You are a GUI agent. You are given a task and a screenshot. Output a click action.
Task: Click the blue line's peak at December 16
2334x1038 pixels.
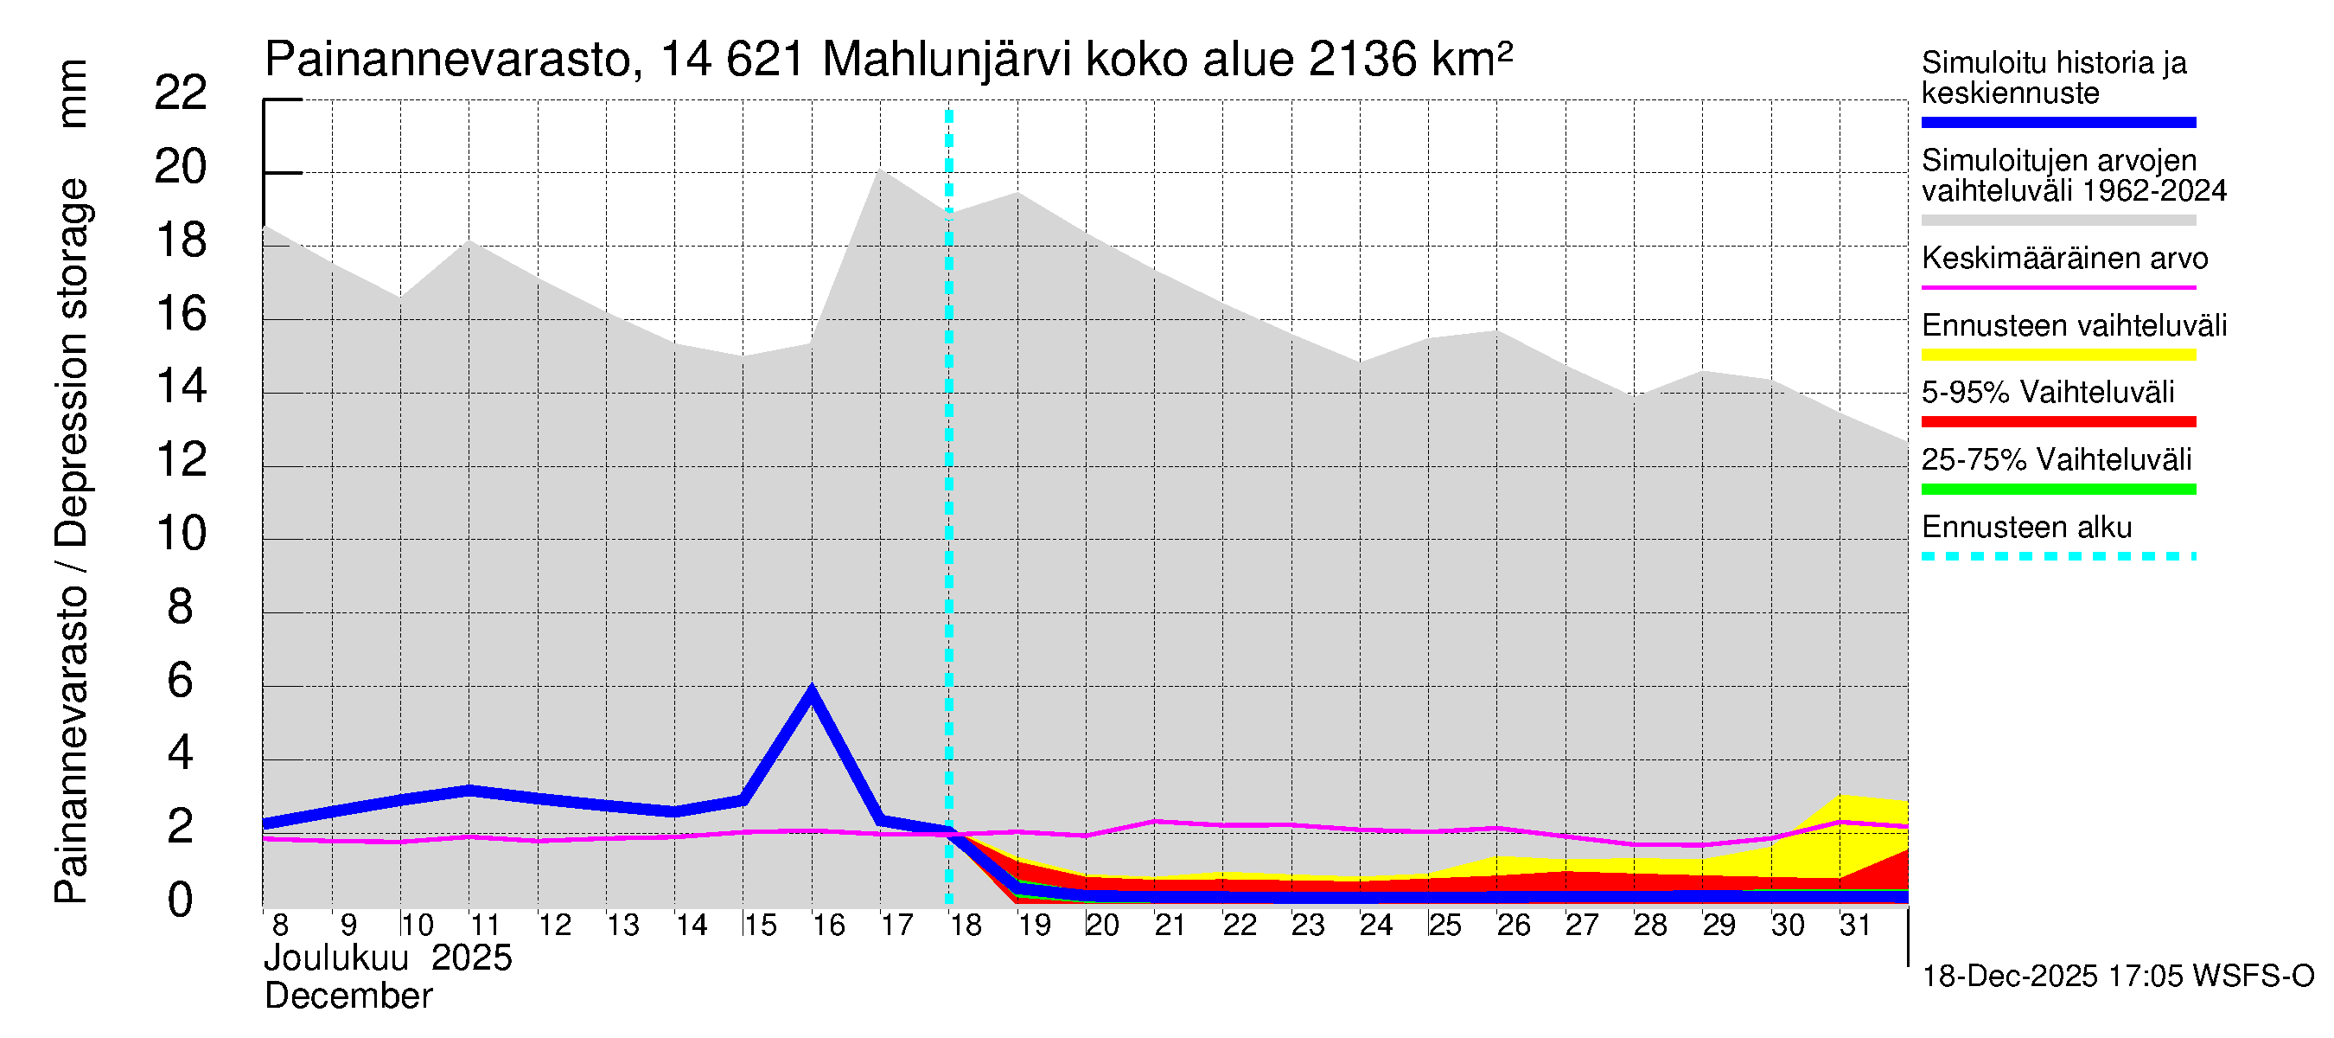click(x=811, y=691)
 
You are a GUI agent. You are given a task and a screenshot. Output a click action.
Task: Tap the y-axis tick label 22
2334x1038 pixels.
click(x=181, y=93)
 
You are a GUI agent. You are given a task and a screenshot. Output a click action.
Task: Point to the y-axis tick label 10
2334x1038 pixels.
click(x=181, y=534)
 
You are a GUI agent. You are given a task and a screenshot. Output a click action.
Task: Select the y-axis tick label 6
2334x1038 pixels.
click(x=181, y=681)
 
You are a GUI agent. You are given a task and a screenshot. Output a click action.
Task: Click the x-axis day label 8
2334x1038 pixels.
click(x=280, y=925)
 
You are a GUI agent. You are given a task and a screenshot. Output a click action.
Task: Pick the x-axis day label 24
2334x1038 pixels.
click(x=1375, y=925)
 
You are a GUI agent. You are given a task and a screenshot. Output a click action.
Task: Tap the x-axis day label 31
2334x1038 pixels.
click(x=1855, y=925)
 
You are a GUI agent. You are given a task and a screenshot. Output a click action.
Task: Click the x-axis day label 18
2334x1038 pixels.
click(x=965, y=925)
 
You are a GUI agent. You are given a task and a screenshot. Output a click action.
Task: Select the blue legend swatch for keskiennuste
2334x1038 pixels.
click(x=2057, y=122)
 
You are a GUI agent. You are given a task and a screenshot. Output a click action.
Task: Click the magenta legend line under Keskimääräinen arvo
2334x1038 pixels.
click(x=2057, y=287)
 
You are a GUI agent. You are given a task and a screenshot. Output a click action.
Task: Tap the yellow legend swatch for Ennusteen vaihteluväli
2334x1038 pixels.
click(x=2057, y=355)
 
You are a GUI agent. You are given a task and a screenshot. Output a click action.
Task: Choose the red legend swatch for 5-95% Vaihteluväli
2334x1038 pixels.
click(x=2057, y=421)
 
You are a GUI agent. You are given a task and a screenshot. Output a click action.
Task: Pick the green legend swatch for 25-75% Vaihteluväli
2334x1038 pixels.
click(x=2057, y=490)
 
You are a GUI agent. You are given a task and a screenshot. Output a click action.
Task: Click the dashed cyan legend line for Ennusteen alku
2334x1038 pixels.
click(x=2057, y=555)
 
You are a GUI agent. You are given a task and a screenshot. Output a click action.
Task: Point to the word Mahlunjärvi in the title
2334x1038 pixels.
click(x=947, y=61)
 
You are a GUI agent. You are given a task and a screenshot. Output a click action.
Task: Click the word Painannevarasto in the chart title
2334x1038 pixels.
click(x=448, y=61)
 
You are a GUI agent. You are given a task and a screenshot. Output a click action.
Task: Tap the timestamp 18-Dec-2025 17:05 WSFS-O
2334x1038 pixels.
click(x=2117, y=977)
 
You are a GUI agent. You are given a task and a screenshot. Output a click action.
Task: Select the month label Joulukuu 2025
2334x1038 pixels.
click(x=388, y=958)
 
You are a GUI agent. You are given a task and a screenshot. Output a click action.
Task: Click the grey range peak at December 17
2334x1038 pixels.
click(x=880, y=170)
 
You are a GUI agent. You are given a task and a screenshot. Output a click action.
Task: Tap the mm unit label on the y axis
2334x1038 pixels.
click(x=72, y=93)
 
